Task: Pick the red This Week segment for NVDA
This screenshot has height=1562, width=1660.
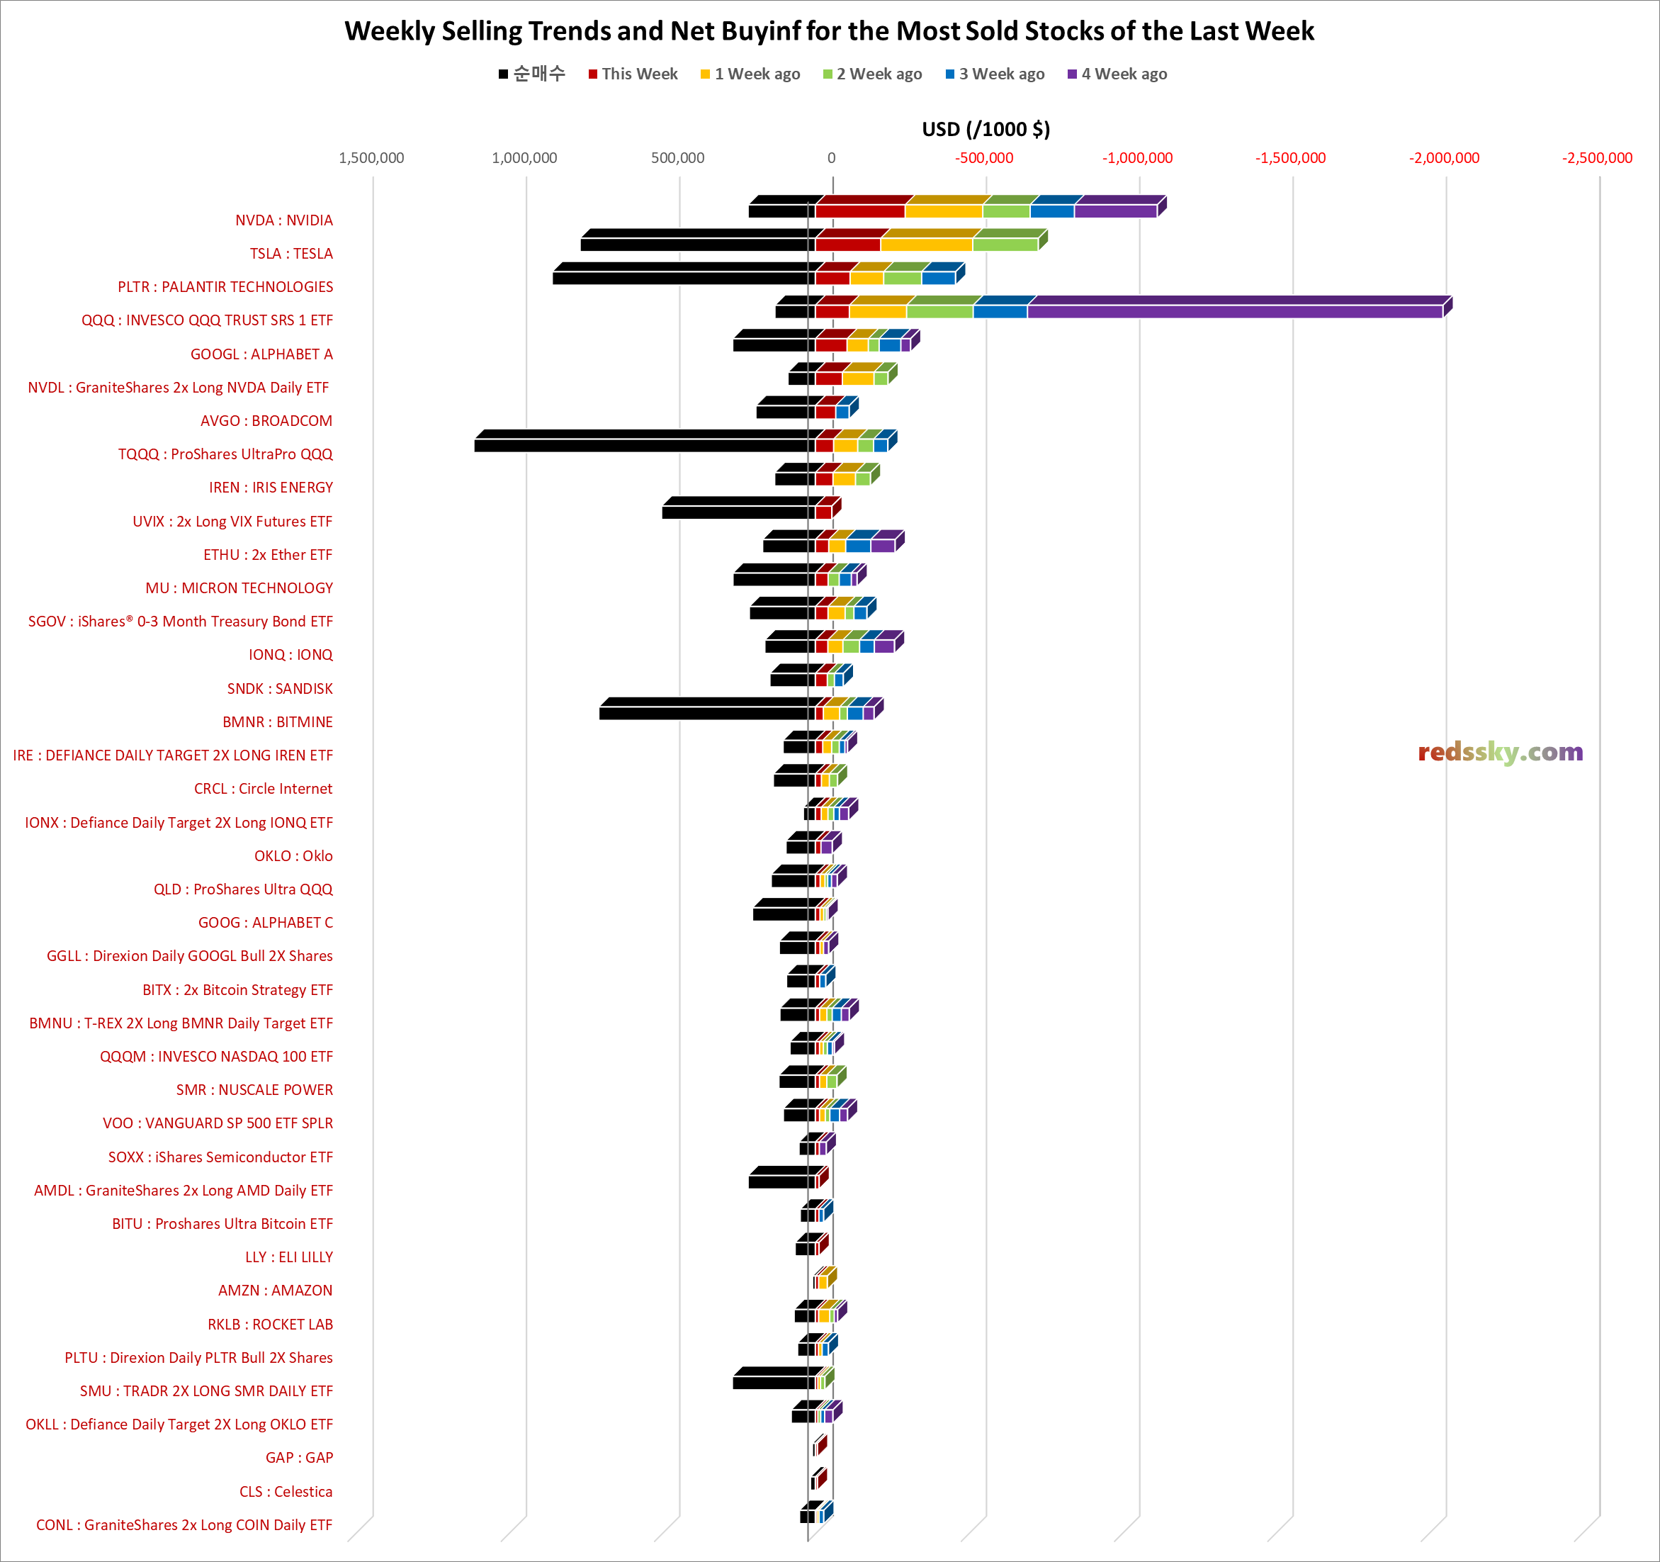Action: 860,211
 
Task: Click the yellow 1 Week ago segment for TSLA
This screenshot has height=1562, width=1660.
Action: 926,245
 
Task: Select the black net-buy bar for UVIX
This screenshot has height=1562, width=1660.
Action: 735,512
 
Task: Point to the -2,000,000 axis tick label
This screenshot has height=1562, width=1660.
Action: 1444,158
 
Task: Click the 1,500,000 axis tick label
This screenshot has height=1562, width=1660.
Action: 371,158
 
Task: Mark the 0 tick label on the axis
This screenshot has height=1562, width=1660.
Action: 831,158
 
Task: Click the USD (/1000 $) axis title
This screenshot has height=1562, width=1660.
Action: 986,130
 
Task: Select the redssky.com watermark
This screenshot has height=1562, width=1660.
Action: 1500,752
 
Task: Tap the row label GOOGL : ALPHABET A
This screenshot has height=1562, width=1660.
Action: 261,354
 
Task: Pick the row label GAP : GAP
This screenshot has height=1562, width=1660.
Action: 299,1458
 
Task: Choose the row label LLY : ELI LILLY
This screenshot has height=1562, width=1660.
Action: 289,1257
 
